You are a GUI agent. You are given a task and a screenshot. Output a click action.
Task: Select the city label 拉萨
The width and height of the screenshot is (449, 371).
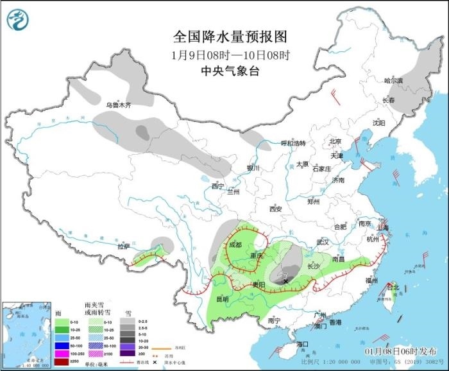124,246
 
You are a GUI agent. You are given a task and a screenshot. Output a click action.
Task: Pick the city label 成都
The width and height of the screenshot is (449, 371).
235,245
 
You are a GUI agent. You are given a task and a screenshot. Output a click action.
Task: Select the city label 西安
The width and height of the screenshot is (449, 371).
276,209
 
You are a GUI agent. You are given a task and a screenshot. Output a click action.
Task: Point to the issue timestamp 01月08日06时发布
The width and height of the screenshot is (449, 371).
398,352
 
